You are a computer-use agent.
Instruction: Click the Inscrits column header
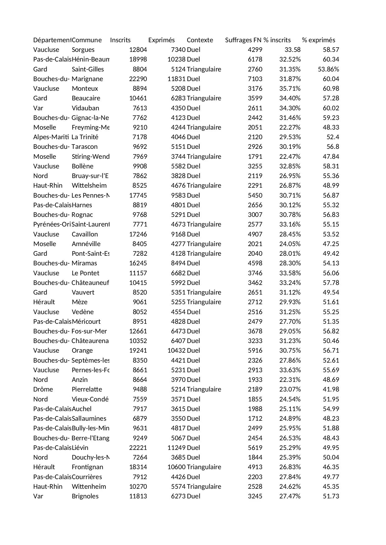(x=120, y=40)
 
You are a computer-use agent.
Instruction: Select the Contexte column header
(x=200, y=40)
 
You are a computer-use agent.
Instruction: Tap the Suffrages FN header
(x=243, y=40)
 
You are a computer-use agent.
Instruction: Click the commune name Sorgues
(x=83, y=50)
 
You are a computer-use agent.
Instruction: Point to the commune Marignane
(x=87, y=79)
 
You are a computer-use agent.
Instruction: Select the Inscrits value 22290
(x=138, y=79)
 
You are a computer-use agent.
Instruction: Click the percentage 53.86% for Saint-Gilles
(x=328, y=69)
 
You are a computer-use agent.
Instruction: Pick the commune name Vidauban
(x=85, y=108)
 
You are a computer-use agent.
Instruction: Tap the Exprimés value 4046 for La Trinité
(x=178, y=137)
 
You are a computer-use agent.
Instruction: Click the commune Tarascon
(x=84, y=147)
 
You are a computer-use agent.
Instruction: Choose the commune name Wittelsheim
(x=89, y=185)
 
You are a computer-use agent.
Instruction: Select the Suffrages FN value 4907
(x=255, y=234)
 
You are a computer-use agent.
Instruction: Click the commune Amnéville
(x=86, y=244)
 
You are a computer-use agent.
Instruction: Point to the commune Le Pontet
(x=85, y=273)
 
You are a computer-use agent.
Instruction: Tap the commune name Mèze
(x=79, y=302)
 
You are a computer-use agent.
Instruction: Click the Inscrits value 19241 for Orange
(x=138, y=350)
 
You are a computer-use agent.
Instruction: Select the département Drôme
(x=43, y=389)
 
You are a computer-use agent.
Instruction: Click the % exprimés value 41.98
(x=331, y=389)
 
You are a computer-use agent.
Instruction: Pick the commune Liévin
(x=80, y=448)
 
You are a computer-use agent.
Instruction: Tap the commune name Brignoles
(x=85, y=496)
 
